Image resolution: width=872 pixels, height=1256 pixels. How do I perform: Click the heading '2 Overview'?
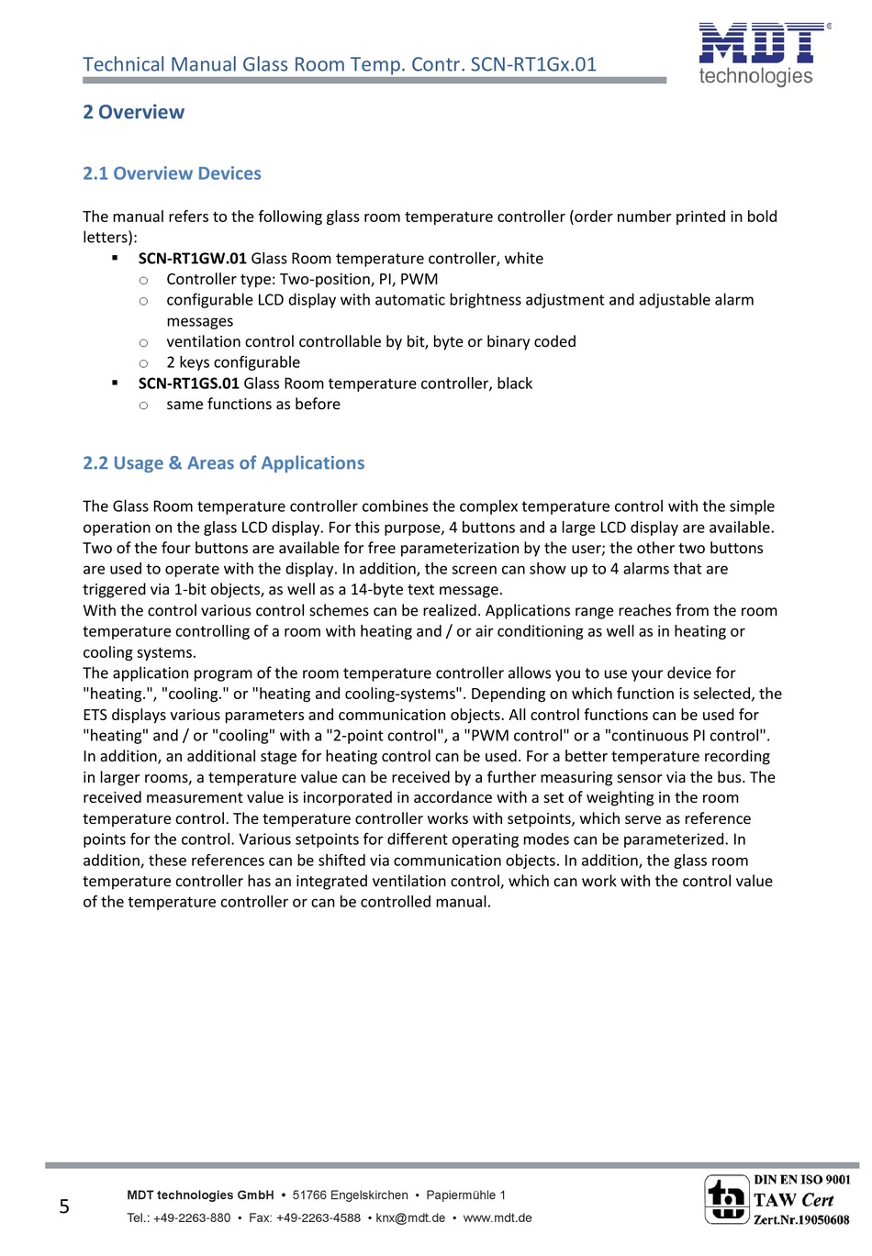tap(133, 112)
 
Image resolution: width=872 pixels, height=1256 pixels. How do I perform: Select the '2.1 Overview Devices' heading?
tap(172, 173)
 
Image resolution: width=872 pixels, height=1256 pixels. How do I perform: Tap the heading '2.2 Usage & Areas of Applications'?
tap(223, 463)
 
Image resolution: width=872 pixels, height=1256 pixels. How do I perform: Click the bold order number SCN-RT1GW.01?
tap(192, 259)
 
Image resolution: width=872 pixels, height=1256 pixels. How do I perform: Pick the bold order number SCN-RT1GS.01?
tap(188, 383)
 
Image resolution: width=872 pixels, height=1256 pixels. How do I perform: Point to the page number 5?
tap(64, 1206)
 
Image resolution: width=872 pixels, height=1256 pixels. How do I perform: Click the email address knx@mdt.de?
tap(410, 1218)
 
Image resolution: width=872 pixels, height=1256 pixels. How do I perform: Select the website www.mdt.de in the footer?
tap(497, 1218)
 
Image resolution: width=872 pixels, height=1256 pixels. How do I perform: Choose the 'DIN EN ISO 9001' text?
tap(801, 1180)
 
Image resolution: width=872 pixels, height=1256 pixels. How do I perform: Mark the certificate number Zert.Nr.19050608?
tap(801, 1220)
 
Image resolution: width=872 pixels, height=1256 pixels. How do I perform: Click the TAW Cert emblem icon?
tap(726, 1199)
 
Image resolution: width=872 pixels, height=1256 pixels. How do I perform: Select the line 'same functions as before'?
tap(253, 405)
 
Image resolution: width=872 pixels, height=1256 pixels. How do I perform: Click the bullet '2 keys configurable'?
tap(233, 362)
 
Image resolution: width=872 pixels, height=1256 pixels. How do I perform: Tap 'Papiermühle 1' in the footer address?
tap(466, 1195)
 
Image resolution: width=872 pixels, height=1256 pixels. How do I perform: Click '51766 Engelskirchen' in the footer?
tap(350, 1195)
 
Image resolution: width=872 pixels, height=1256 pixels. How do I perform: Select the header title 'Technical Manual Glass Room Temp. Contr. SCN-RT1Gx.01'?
tap(340, 64)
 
